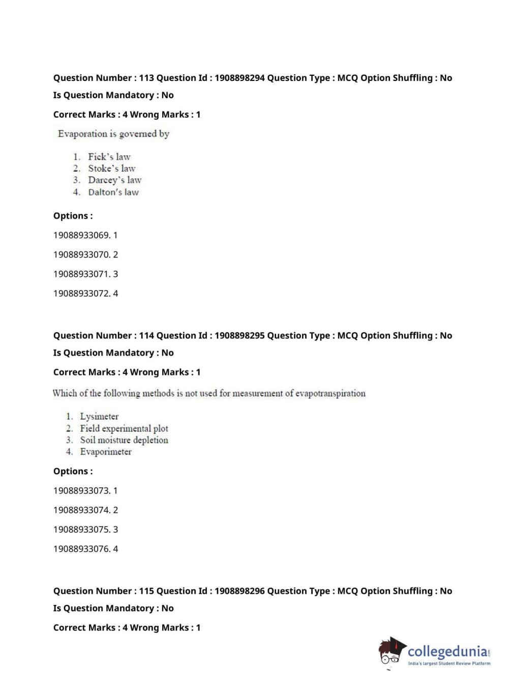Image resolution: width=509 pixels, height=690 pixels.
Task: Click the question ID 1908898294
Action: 239,78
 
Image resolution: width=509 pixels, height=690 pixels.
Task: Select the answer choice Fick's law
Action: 109,157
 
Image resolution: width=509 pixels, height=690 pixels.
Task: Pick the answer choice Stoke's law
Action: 111,168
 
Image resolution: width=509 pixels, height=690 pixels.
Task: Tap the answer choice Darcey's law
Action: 114,180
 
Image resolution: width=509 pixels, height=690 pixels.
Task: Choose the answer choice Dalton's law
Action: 113,192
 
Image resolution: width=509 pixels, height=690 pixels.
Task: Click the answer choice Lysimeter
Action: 99,416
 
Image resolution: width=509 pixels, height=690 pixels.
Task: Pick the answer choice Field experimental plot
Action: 124,428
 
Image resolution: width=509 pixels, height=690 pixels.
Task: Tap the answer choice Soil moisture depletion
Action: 124,440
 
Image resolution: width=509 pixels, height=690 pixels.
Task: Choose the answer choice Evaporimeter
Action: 106,452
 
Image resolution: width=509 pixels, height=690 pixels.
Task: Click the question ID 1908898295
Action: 239,335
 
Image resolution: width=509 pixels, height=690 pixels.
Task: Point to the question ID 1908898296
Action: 239,591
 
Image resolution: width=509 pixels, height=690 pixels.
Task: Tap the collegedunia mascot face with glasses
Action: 391,653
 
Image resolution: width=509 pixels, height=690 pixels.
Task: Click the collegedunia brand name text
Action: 447,651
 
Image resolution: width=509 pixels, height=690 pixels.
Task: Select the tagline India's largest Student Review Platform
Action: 449,664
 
